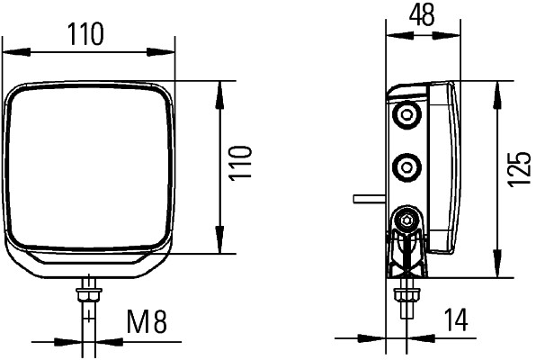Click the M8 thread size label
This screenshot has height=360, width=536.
[147, 320]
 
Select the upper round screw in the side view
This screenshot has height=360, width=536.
[408, 115]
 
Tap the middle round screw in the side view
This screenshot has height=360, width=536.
[408, 166]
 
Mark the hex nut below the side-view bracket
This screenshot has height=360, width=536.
[406, 293]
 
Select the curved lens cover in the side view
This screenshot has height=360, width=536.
[445, 166]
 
